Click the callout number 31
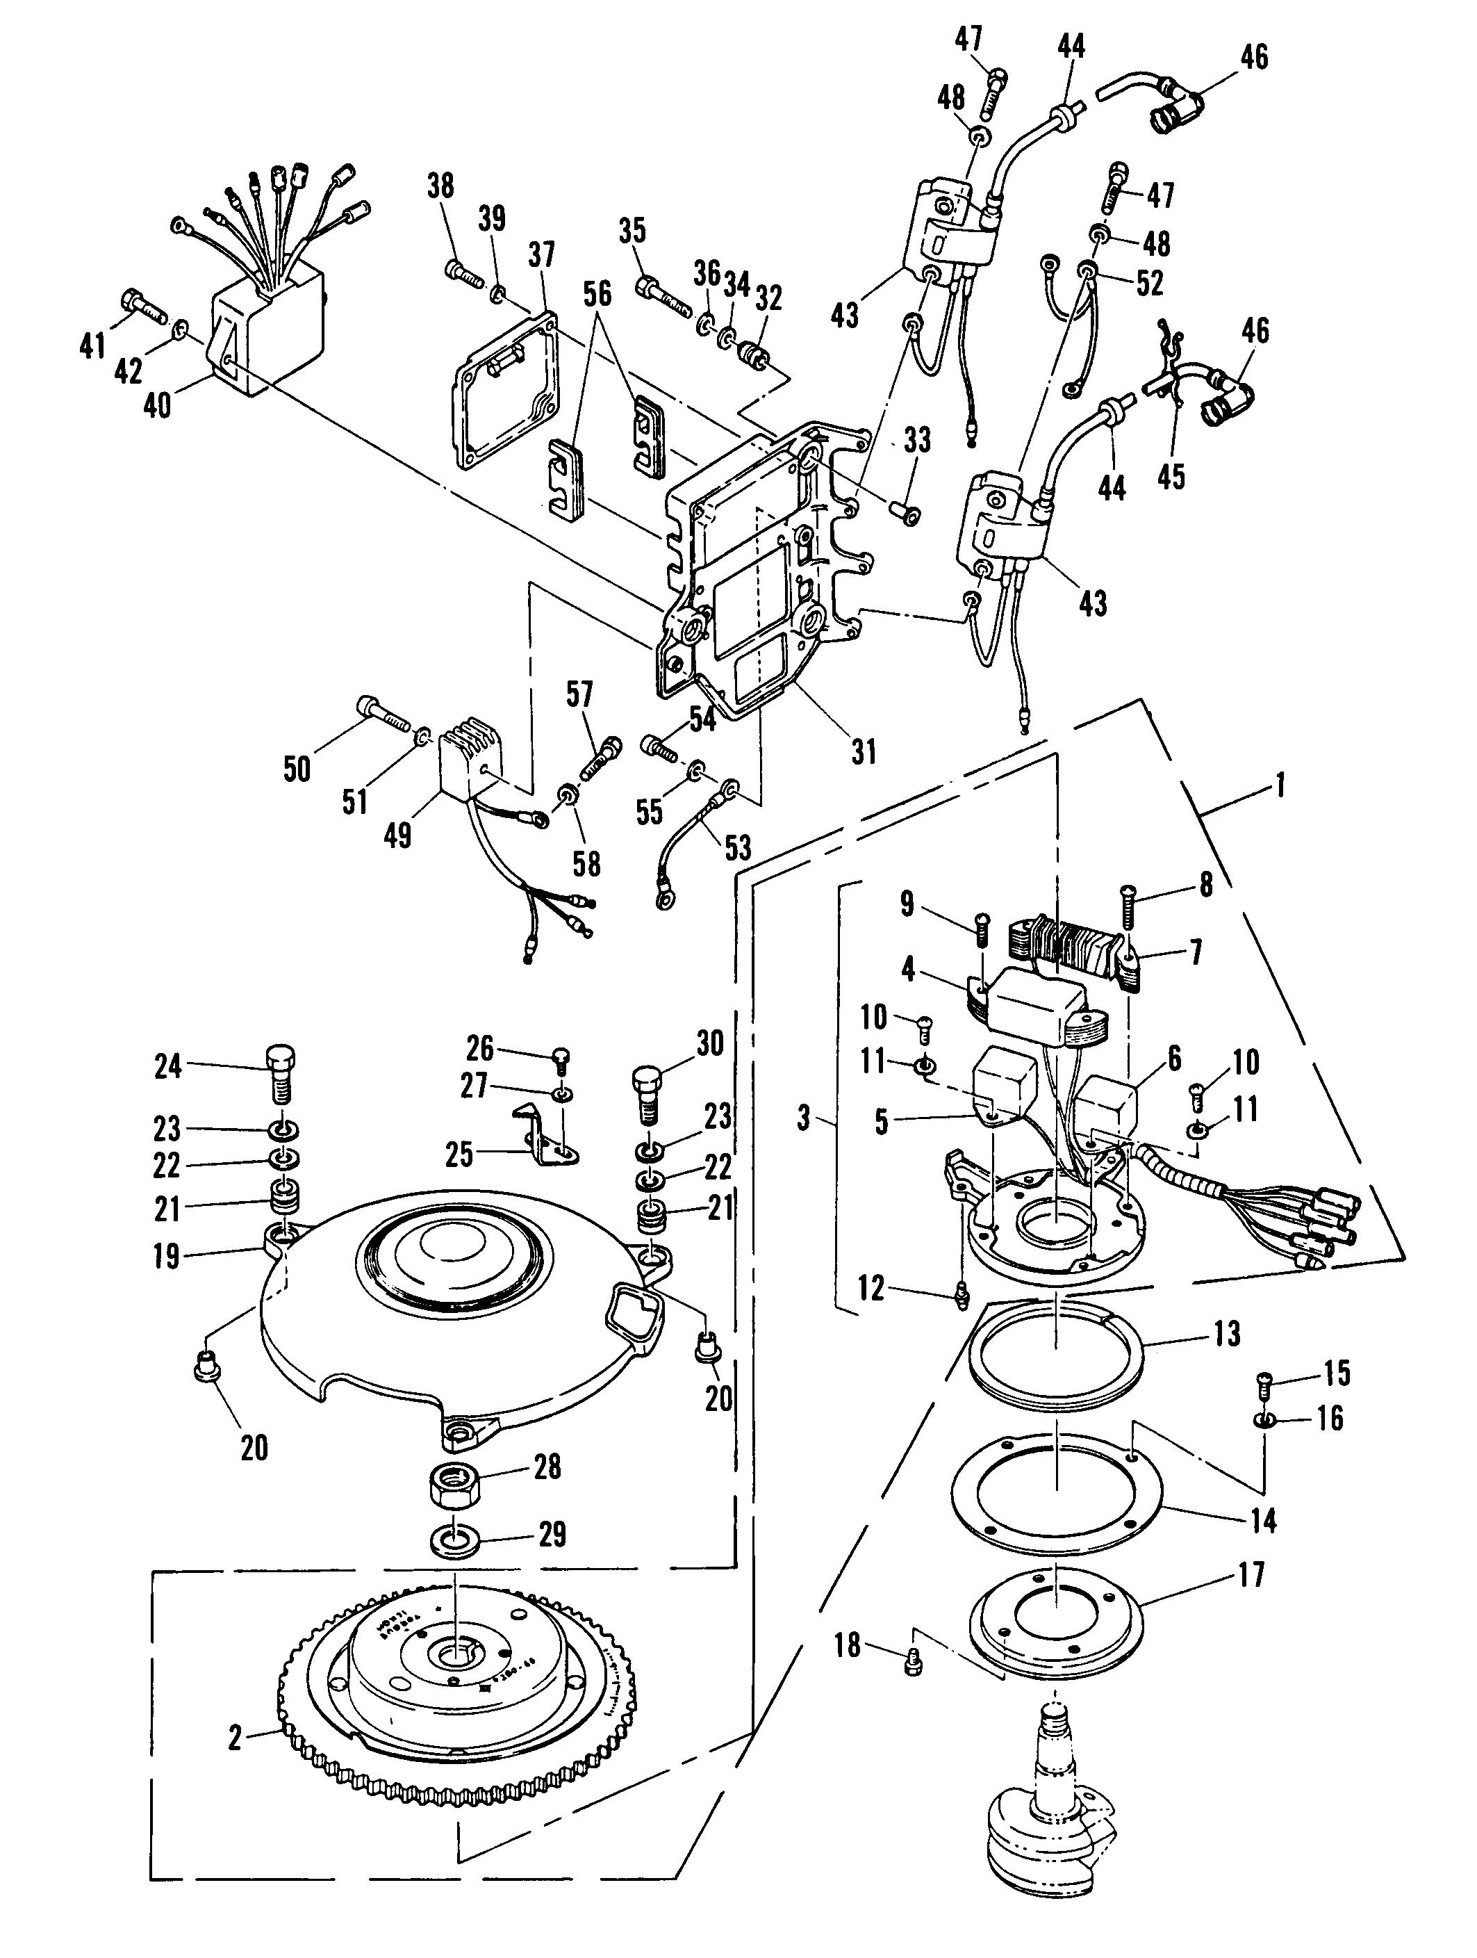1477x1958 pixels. [864, 751]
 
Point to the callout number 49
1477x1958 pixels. [398, 834]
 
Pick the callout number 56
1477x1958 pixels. [597, 295]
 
